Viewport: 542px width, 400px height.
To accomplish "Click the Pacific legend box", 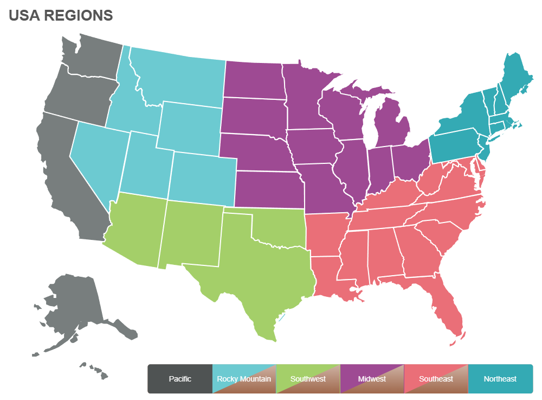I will coord(180,379).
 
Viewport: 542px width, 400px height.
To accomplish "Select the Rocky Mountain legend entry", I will coord(244,379).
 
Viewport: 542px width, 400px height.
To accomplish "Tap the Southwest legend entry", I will coord(308,379).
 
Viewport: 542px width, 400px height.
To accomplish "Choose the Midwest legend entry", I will coord(372,379).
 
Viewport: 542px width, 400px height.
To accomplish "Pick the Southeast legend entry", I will coord(436,379).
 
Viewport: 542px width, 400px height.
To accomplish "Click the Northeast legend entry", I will coord(500,379).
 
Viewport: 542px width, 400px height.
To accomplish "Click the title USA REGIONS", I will coord(61,15).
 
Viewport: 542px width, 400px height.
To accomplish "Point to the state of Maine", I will coord(515,76).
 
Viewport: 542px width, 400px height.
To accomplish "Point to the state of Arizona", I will coord(135,228).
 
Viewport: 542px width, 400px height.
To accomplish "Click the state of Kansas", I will coord(268,190).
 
